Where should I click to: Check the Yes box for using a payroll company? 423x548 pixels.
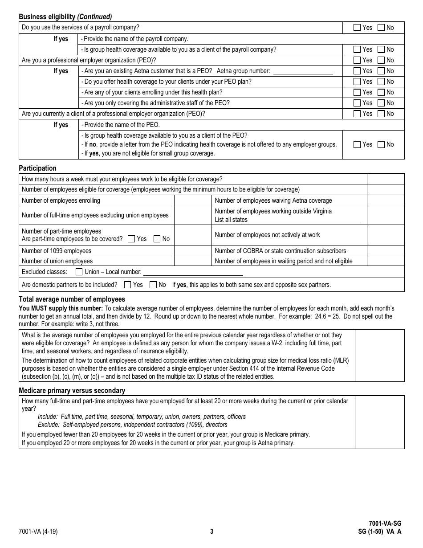pos(357,28)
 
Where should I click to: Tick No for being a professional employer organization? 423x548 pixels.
pos(381,60)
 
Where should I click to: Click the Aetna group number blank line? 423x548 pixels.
pos(303,71)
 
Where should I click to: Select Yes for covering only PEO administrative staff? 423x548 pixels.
pos(357,103)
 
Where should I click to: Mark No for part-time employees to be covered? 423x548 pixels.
pos(157,239)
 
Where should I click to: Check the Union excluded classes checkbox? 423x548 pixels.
pos(79,272)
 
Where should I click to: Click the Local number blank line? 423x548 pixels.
pos(193,272)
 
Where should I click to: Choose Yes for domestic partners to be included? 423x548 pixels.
pos(128,285)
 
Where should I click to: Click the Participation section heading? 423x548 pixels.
pos(37,168)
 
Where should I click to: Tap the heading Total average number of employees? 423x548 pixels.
pos(72,299)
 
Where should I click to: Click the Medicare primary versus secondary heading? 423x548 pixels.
pos(72,391)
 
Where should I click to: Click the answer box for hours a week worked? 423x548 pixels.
pos(385,179)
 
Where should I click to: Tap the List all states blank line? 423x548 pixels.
pos(305,220)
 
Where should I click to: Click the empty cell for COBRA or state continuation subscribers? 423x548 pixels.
pos(385,251)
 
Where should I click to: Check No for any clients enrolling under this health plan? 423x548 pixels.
pos(381,92)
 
